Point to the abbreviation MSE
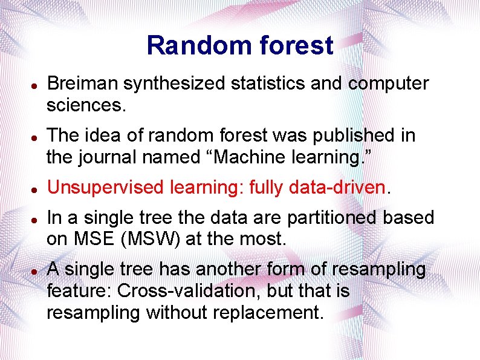[94, 238]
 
